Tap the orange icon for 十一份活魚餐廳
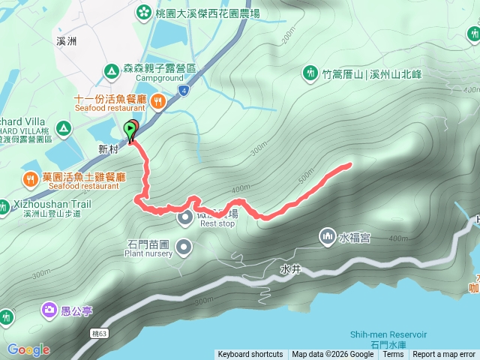tap(157, 100)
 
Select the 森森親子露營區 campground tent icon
tap(111, 71)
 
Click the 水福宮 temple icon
tap(327, 237)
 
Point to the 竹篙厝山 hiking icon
tap(310, 73)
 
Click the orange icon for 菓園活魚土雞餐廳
tap(30, 179)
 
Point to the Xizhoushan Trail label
tap(51, 204)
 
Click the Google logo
tap(28, 349)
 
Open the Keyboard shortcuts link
tap(250, 354)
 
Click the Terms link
tap(393, 354)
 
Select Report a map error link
tap(444, 354)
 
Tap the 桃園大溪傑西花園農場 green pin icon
tap(143, 13)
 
